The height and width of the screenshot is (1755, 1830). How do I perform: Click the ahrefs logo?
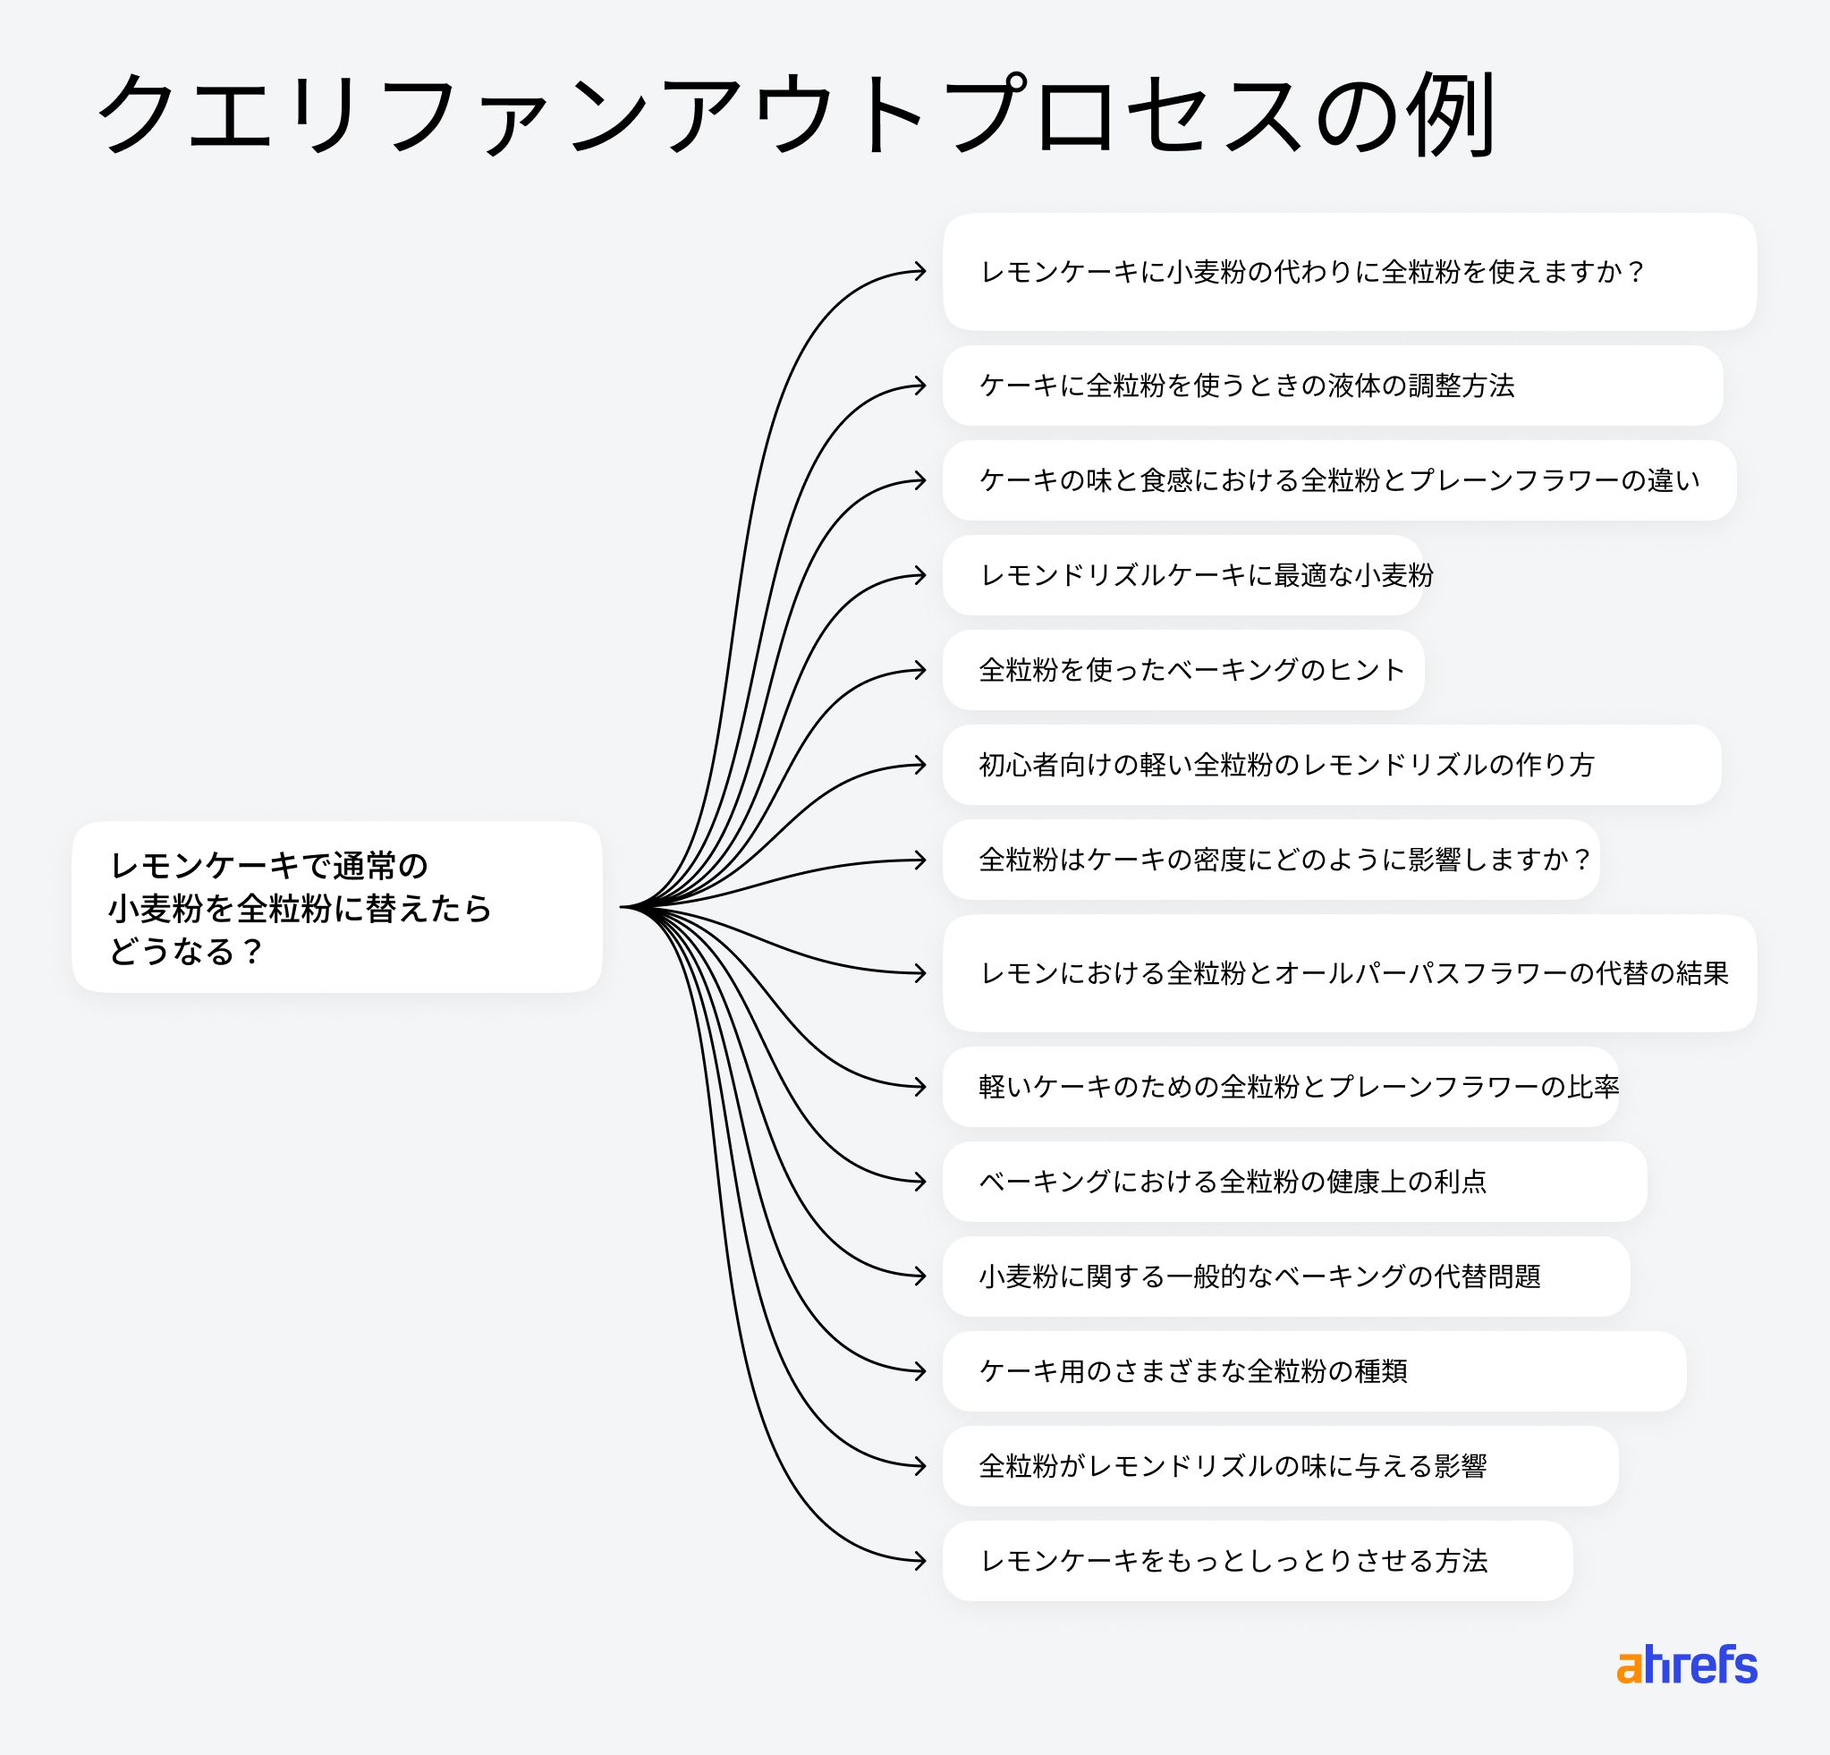(1686, 1666)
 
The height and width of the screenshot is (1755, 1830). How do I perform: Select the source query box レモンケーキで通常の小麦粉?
(336, 906)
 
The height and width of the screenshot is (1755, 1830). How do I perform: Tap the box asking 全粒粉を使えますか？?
(1348, 272)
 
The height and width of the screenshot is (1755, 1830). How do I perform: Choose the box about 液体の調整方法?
(1332, 386)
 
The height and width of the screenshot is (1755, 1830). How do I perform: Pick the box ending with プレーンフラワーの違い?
(1339, 480)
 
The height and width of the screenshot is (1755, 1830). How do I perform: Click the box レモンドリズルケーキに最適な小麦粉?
(1183, 575)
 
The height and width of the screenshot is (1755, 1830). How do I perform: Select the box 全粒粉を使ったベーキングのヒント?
(1183, 670)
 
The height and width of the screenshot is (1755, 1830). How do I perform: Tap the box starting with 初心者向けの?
(1331, 765)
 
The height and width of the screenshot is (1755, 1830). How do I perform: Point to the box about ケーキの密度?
(1271, 860)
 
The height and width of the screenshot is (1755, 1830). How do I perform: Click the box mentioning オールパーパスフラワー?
(1348, 972)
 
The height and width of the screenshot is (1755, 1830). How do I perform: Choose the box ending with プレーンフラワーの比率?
(1280, 1087)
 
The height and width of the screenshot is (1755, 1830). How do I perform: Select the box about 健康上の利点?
(1294, 1182)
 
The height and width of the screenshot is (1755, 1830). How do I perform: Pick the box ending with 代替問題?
(1285, 1276)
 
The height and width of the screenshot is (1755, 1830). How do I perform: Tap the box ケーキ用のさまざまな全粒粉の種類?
(1314, 1371)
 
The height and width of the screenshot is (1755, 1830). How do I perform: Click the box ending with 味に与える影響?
(1280, 1465)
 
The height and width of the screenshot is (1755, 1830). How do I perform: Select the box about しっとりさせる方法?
(1257, 1561)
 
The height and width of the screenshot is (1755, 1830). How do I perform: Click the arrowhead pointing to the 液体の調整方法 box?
(920, 386)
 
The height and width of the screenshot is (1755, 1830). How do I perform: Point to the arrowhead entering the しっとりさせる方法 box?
(920, 1561)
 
